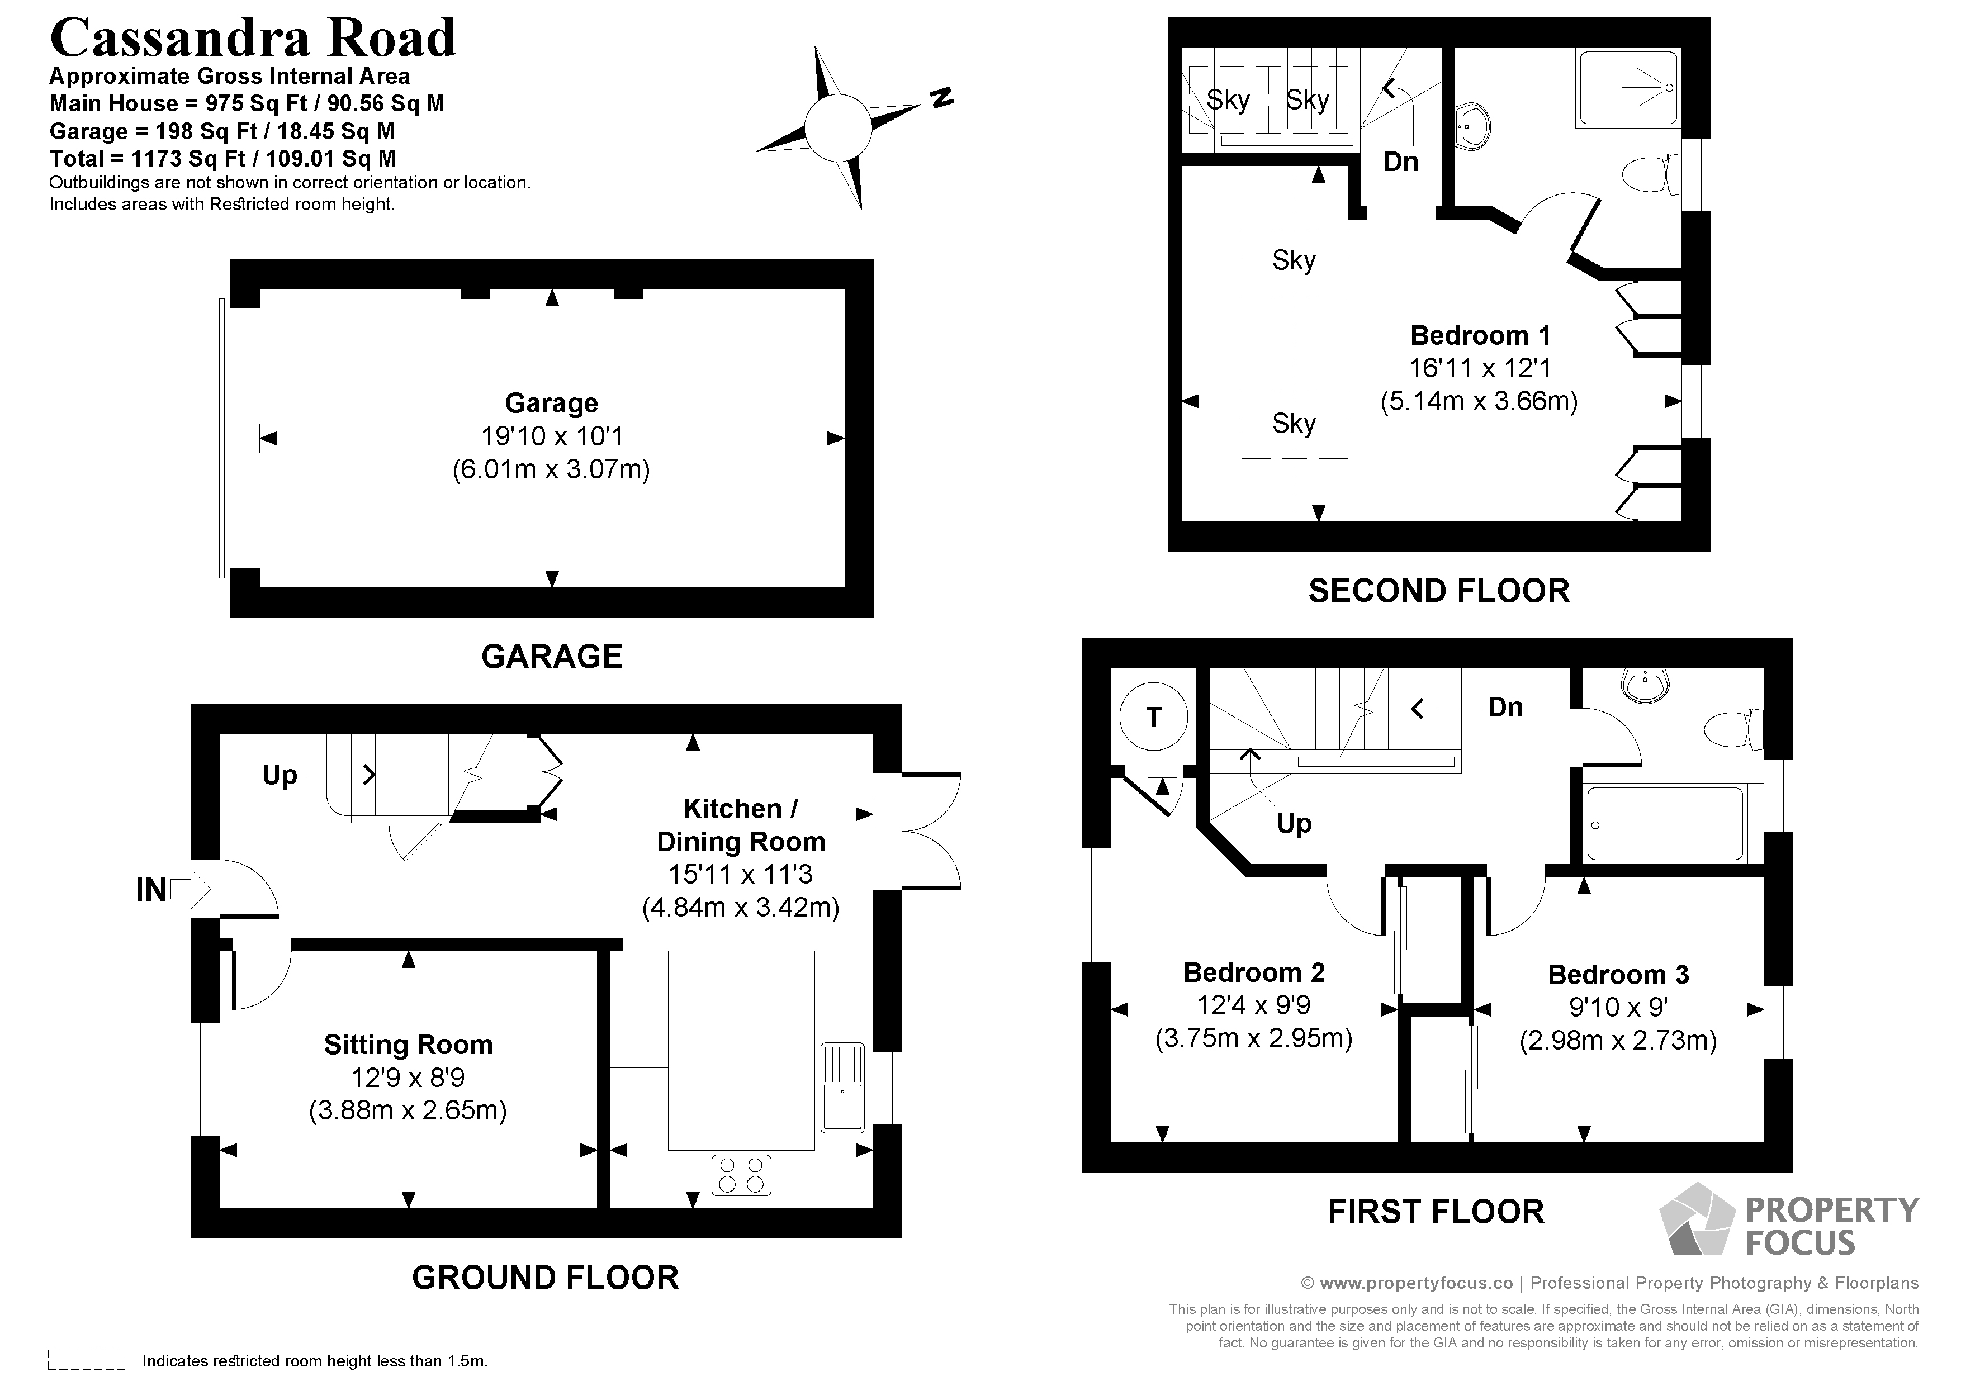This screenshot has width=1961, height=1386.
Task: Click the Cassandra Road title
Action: [x=253, y=39]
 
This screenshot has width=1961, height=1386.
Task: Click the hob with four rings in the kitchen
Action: [x=741, y=1174]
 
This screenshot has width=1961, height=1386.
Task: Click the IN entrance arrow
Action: [x=190, y=889]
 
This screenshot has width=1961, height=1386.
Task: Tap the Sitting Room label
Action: [x=408, y=1045]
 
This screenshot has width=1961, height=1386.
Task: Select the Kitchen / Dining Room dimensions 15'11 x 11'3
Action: [x=741, y=875]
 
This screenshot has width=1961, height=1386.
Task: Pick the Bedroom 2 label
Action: [x=1254, y=972]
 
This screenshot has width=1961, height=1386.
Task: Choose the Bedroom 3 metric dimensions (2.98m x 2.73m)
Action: [x=1618, y=1040]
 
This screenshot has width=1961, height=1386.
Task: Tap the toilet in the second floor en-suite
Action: [x=1646, y=175]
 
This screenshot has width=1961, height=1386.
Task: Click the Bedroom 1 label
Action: [x=1480, y=335]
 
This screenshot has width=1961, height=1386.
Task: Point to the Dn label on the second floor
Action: [x=1401, y=162]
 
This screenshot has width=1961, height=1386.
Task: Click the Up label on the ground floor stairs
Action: [x=280, y=775]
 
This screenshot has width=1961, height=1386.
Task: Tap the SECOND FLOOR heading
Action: [x=1438, y=591]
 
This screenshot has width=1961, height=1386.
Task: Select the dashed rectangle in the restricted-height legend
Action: [x=86, y=1360]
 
